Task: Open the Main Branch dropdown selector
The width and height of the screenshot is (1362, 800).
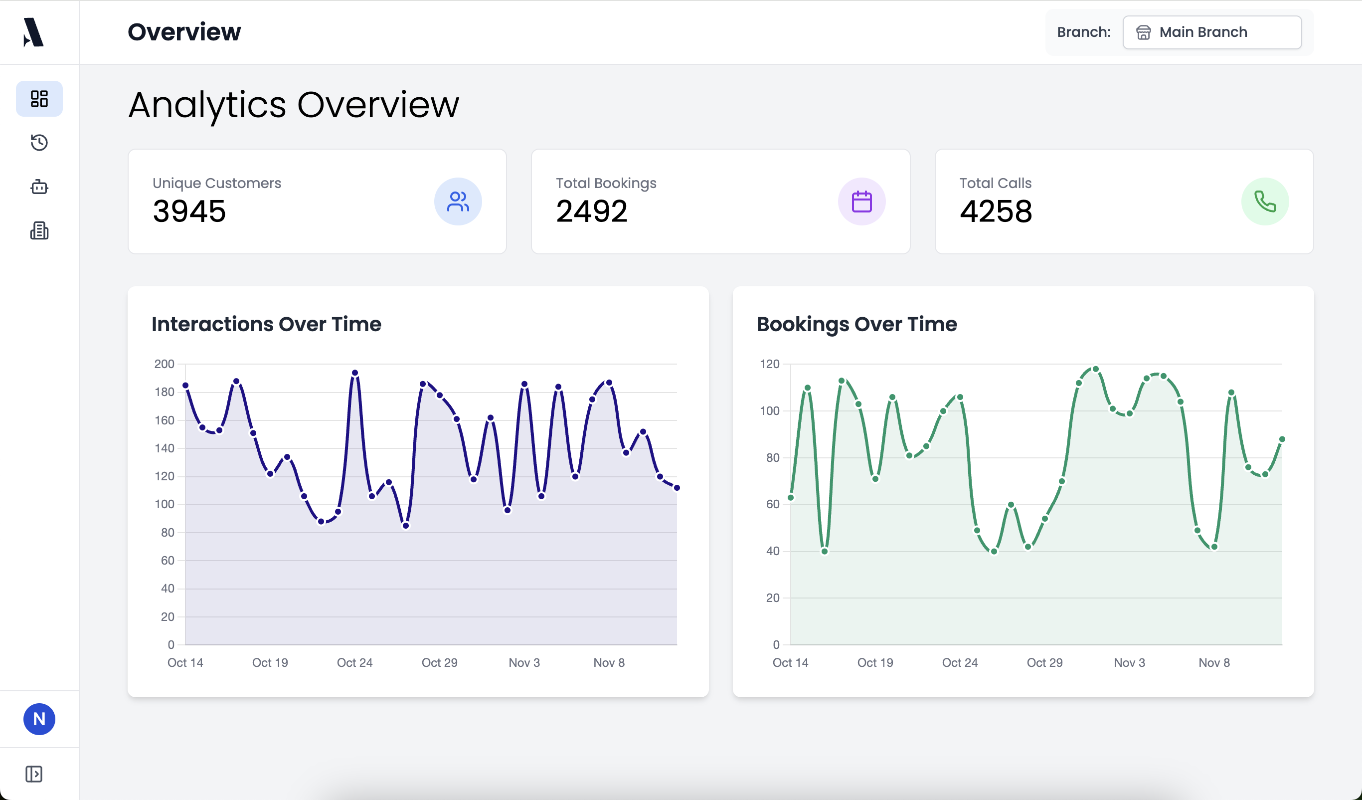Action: (x=1211, y=32)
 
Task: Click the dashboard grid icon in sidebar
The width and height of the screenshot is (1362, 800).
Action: (x=39, y=99)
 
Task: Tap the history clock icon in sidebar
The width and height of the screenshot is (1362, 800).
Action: (x=39, y=143)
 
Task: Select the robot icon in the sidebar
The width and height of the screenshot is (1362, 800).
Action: (x=39, y=187)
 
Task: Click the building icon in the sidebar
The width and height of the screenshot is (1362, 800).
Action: (x=39, y=231)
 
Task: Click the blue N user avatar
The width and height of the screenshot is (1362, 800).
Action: (x=39, y=719)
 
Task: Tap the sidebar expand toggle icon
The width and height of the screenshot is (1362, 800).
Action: (x=33, y=774)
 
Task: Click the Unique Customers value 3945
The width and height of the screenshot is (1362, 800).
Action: (x=189, y=211)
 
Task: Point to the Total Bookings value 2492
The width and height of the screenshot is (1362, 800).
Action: (x=592, y=211)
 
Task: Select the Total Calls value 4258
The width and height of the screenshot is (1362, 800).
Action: (x=996, y=211)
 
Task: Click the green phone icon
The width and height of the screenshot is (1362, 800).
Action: (x=1265, y=201)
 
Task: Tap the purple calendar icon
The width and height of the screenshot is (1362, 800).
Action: (x=861, y=201)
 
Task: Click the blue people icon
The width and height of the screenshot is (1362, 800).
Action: (x=458, y=201)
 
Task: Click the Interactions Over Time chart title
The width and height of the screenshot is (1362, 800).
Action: (x=266, y=324)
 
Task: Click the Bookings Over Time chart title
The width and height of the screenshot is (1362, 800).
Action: (x=856, y=324)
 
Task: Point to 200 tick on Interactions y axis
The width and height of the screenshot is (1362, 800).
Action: (x=165, y=364)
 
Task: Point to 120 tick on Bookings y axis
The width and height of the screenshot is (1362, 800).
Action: (x=770, y=364)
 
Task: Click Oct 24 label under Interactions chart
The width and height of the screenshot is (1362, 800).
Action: (x=354, y=663)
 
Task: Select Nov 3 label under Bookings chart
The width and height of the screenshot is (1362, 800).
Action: (x=1129, y=663)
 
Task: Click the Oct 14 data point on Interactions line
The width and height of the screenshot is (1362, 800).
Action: (x=185, y=386)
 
